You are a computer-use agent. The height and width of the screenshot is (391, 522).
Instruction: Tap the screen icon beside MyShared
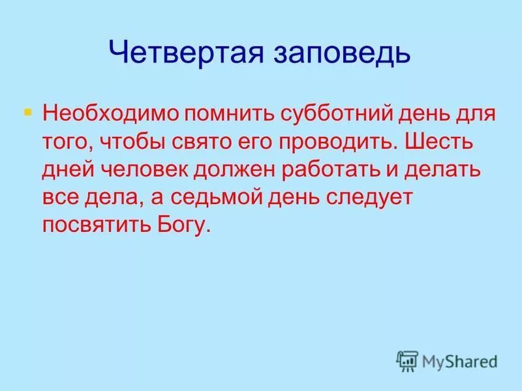coord(407,360)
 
